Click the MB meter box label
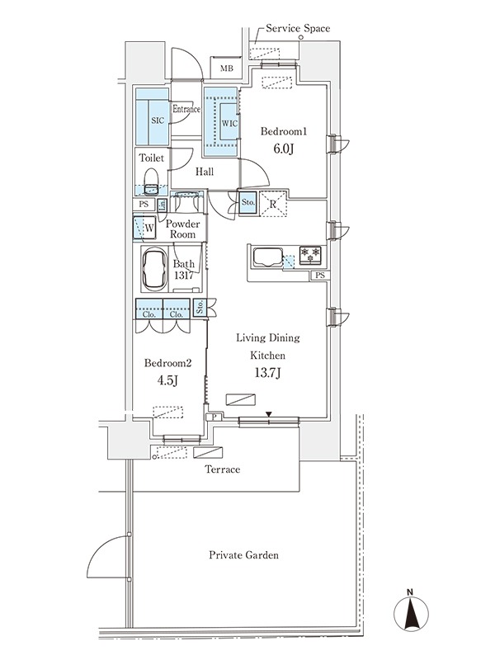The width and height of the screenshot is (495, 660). (x=226, y=68)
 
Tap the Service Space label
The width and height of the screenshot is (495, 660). (x=298, y=29)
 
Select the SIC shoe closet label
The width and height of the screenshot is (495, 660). (x=158, y=120)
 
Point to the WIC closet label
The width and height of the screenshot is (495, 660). (x=229, y=123)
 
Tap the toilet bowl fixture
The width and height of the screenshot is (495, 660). (x=151, y=181)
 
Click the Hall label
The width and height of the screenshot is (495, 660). (x=204, y=172)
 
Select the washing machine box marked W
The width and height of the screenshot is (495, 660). (x=144, y=228)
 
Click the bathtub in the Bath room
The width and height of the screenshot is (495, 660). (x=154, y=269)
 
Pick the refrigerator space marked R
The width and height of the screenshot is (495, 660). (x=273, y=204)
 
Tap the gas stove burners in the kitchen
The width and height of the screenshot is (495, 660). (x=310, y=255)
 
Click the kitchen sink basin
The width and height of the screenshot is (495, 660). (x=267, y=257)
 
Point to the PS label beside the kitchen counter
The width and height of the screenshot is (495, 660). (x=320, y=276)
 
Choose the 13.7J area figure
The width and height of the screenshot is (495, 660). (x=268, y=374)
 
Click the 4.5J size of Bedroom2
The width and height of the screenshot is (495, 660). (x=167, y=380)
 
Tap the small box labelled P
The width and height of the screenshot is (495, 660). (x=214, y=417)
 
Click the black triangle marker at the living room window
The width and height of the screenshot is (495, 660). (x=269, y=414)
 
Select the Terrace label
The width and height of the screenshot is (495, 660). (x=222, y=469)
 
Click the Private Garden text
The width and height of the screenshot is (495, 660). (x=243, y=555)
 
